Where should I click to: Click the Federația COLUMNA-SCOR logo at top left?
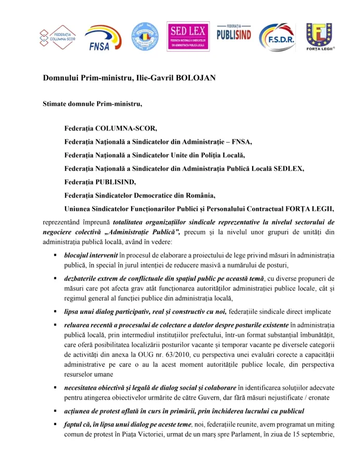57,36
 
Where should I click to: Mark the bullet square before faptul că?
55,425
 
